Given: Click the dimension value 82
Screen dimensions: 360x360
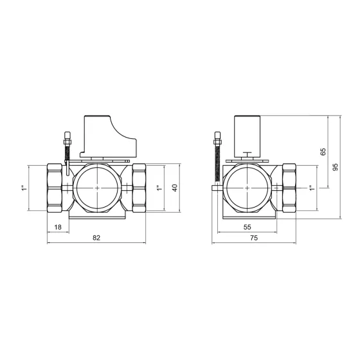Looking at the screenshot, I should (x=96, y=237).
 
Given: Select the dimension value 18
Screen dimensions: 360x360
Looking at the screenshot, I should (x=58, y=227).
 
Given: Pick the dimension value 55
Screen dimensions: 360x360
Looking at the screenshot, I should (x=247, y=227).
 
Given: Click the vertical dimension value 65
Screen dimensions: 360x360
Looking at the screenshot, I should (x=323, y=152).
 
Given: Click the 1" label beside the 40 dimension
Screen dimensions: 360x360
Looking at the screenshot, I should (x=159, y=188).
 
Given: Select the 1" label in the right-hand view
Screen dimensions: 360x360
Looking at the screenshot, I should (x=310, y=188).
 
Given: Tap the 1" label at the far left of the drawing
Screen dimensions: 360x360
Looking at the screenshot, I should (x=22, y=188).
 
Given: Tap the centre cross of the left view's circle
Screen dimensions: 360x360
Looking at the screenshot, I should (x=96, y=187).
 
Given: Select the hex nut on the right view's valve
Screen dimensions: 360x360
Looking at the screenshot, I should (x=291, y=187).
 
